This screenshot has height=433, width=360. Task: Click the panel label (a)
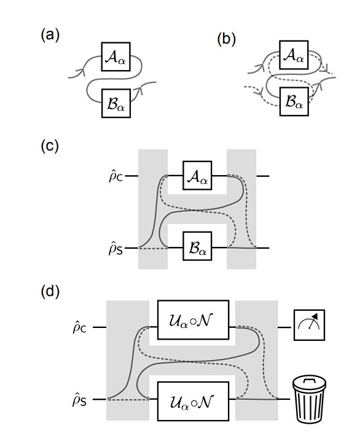pos(50,35)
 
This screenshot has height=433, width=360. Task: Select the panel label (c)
pos(50,147)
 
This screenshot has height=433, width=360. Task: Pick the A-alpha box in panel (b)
pos(294,55)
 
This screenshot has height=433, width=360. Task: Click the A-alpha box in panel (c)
pos(197,176)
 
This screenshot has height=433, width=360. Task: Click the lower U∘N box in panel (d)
pos(193,400)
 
